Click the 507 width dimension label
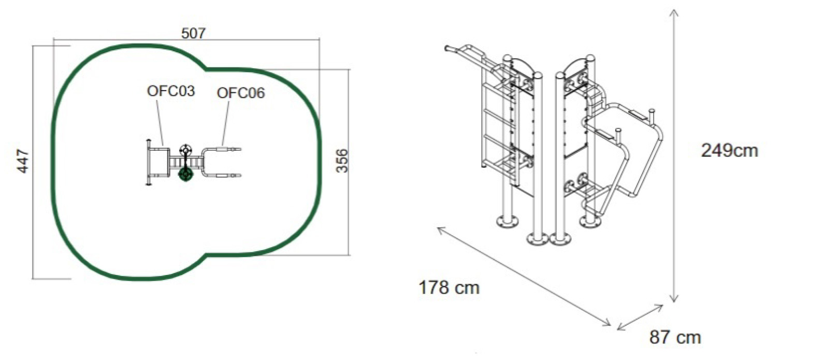coord(194,34)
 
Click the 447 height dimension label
coord(23,161)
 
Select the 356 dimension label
coord(342,161)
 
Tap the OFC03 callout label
coord(171,91)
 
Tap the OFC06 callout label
coord(241,93)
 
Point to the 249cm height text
coord(729,151)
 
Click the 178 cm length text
coord(449,287)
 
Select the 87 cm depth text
coord(675,338)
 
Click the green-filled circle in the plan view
coord(185,174)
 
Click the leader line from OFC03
coord(160,122)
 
